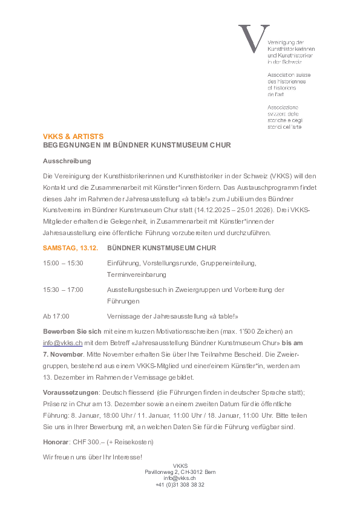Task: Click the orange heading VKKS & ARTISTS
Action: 73,137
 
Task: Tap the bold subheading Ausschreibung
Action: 67,161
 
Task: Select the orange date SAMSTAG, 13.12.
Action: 70,248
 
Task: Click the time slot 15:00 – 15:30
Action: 63,263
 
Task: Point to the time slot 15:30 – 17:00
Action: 63,290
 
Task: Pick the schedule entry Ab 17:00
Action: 56,316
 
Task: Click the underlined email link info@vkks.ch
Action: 62,342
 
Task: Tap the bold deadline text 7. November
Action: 62,353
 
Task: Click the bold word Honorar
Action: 56,442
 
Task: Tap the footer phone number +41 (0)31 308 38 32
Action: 180,485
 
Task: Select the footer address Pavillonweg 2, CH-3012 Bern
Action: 180,472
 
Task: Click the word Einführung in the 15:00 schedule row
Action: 123,263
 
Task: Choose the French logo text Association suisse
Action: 289,75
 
